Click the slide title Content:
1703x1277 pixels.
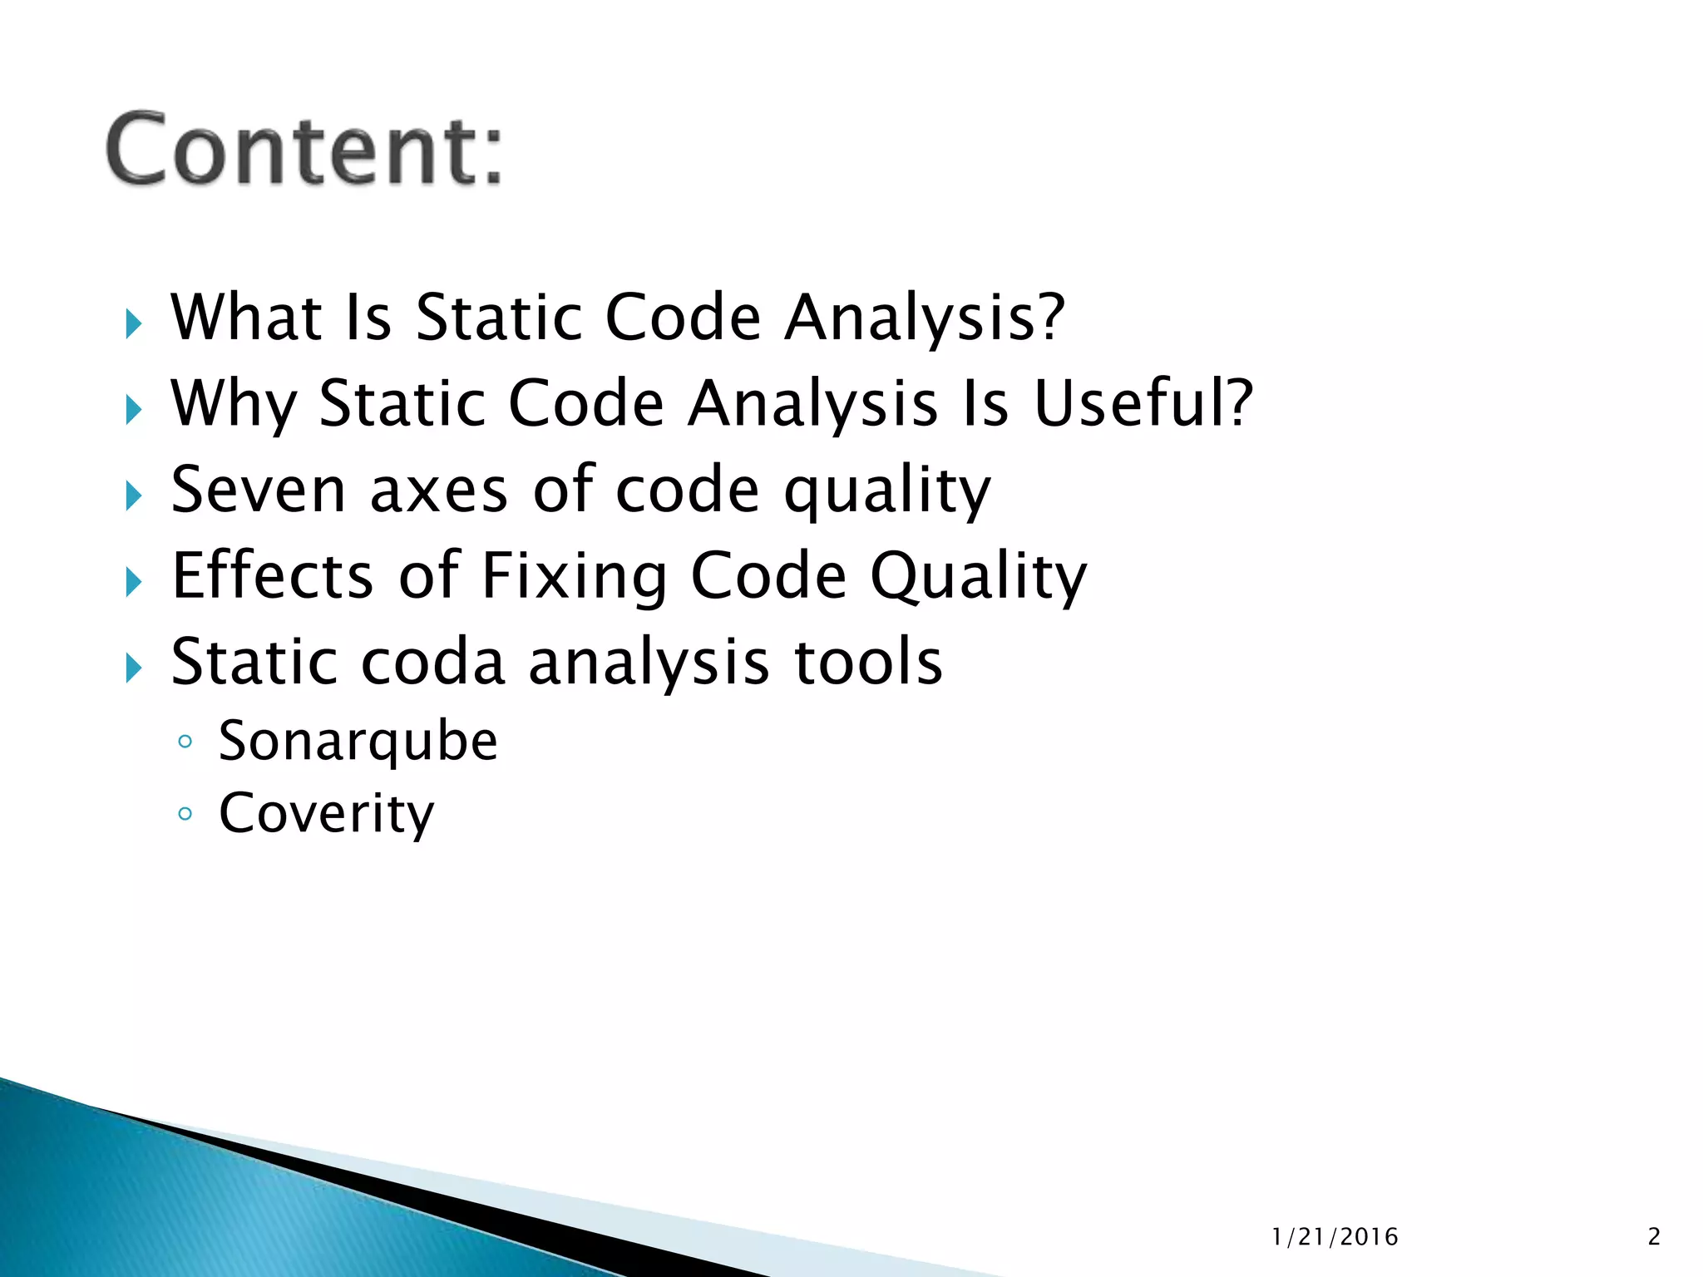click(304, 150)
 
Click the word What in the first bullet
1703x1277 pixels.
click(246, 318)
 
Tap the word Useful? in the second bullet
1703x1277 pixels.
click(1143, 403)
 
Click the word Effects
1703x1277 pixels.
click(273, 575)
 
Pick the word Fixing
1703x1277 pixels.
click(574, 575)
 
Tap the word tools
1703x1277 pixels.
click(868, 662)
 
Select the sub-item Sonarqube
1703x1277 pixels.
click(358, 741)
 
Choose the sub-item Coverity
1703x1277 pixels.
click(326, 813)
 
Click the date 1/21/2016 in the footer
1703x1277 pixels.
click(1335, 1237)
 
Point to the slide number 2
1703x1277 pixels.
click(1654, 1237)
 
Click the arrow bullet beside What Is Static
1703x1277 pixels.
click(134, 323)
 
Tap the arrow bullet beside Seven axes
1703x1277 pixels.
click(134, 496)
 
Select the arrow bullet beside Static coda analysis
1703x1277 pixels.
click(134, 668)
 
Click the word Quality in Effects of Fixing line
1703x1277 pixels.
click(978, 575)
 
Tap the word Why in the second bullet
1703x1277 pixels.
click(233, 403)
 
